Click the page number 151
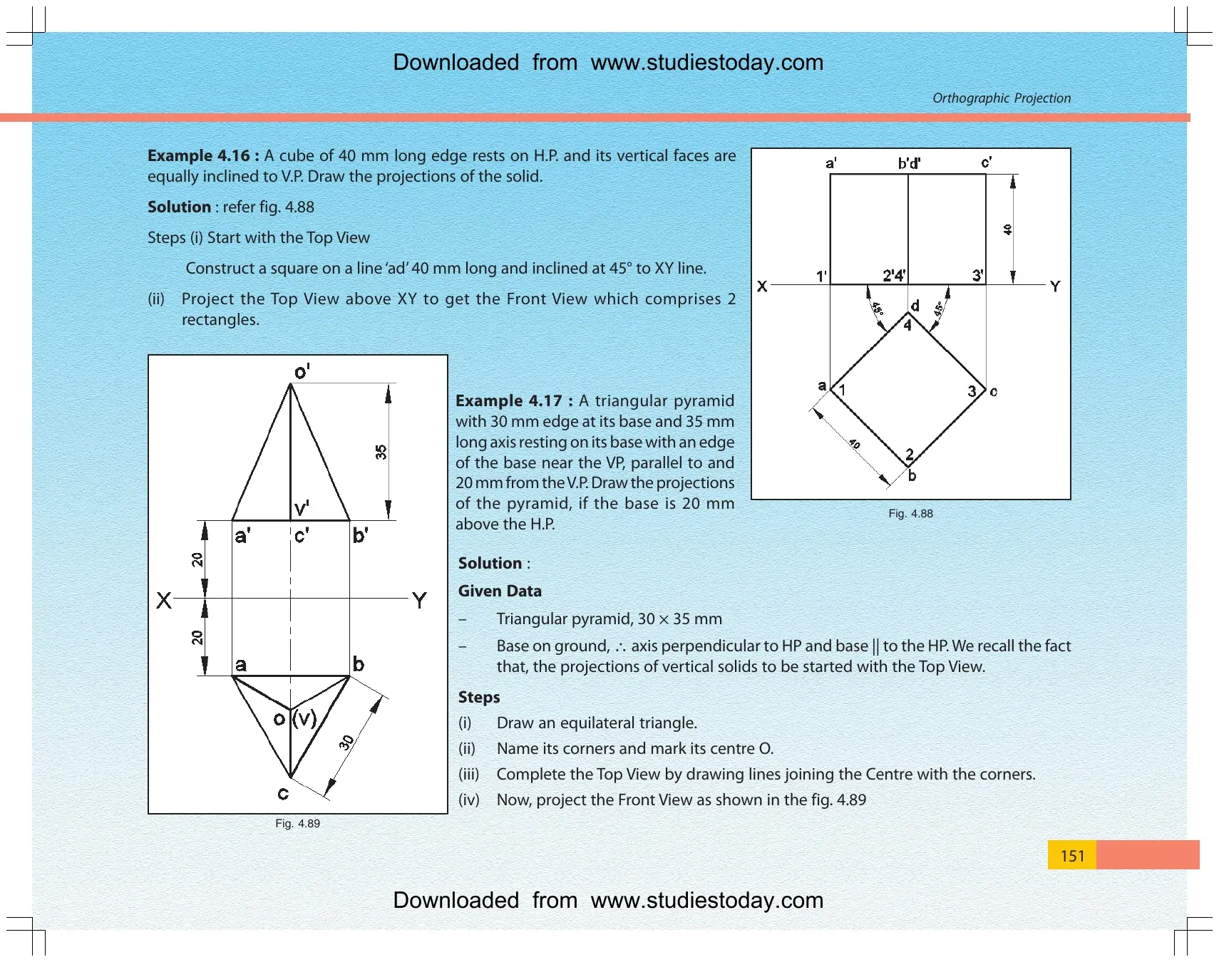click(1072, 855)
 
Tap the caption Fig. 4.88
click(910, 513)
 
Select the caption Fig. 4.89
click(297, 823)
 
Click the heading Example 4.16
click(203, 155)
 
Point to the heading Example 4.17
click(514, 400)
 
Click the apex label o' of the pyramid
click(302, 371)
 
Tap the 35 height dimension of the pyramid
click(381, 452)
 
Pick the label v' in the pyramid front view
click(302, 508)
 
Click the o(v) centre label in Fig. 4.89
click(295, 718)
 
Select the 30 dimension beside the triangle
click(346, 743)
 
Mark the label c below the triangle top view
click(283, 793)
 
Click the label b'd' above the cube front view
click(909, 163)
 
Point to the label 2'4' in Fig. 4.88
click(894, 275)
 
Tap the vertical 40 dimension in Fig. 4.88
click(1007, 229)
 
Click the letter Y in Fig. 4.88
click(1055, 286)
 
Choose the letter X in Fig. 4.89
click(164, 600)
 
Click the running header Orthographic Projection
click(1002, 98)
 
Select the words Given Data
click(500, 591)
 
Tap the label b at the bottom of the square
click(912, 475)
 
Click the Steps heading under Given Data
click(479, 697)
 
